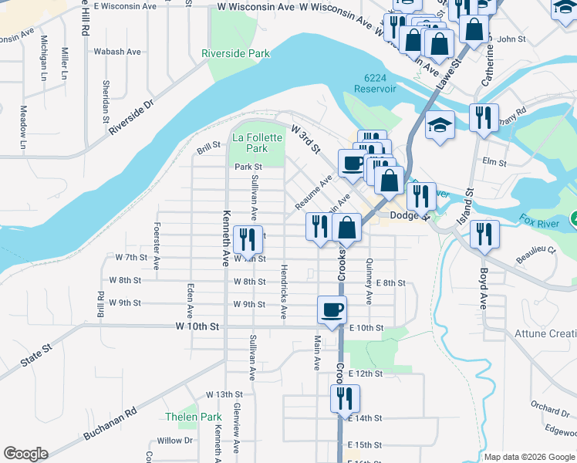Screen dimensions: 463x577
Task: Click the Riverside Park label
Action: pos(235,54)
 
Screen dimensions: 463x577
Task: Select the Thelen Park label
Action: pos(193,417)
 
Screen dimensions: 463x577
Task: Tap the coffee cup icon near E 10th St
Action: pos(332,310)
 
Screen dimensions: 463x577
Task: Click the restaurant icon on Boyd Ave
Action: pos(484,234)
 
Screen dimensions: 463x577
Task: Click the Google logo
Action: pos(25,454)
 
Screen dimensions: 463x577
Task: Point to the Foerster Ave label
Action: pos(157,246)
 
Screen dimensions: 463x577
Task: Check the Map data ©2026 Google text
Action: pos(528,457)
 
